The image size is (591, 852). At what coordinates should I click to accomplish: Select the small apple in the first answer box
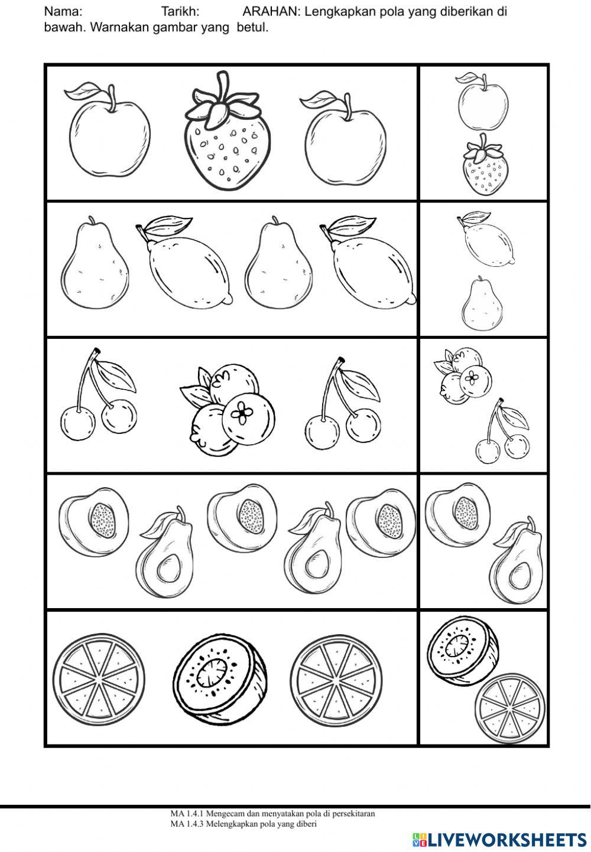point(482,105)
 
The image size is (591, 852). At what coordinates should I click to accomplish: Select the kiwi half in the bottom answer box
point(457,647)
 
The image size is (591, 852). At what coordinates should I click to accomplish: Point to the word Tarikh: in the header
point(180,11)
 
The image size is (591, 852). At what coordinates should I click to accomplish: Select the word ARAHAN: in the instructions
point(272,11)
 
